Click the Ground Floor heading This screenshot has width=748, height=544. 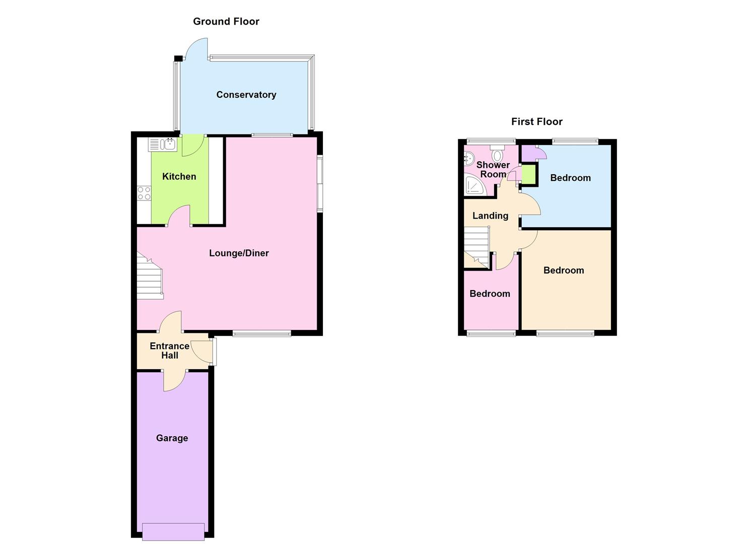click(226, 21)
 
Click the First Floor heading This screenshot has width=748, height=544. click(536, 121)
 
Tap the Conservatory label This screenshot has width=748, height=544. click(246, 95)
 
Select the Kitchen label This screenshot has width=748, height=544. click(179, 176)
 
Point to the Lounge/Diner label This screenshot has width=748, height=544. click(239, 253)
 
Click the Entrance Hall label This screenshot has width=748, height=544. click(170, 351)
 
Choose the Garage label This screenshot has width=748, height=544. click(172, 438)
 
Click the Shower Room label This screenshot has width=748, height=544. click(493, 169)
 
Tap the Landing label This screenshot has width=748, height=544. click(490, 216)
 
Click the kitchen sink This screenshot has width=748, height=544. click(163, 145)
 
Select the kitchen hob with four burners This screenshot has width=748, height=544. click(144, 193)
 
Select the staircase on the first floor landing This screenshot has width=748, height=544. click(477, 246)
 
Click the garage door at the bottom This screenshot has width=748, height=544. click(173, 531)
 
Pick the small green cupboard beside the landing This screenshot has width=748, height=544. click(528, 174)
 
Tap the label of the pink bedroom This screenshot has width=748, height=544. click(490, 294)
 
